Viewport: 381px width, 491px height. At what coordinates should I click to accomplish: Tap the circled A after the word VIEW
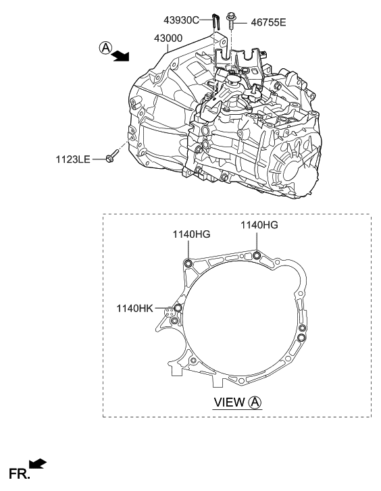(255, 402)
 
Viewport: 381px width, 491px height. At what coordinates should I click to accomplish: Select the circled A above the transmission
(105, 47)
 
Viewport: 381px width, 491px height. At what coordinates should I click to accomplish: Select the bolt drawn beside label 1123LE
(113, 159)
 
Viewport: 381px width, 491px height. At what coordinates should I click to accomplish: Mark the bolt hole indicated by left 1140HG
(188, 263)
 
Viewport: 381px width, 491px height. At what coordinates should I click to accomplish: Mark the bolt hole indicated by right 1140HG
(257, 255)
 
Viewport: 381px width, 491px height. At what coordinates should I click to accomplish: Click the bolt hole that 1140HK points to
(178, 308)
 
